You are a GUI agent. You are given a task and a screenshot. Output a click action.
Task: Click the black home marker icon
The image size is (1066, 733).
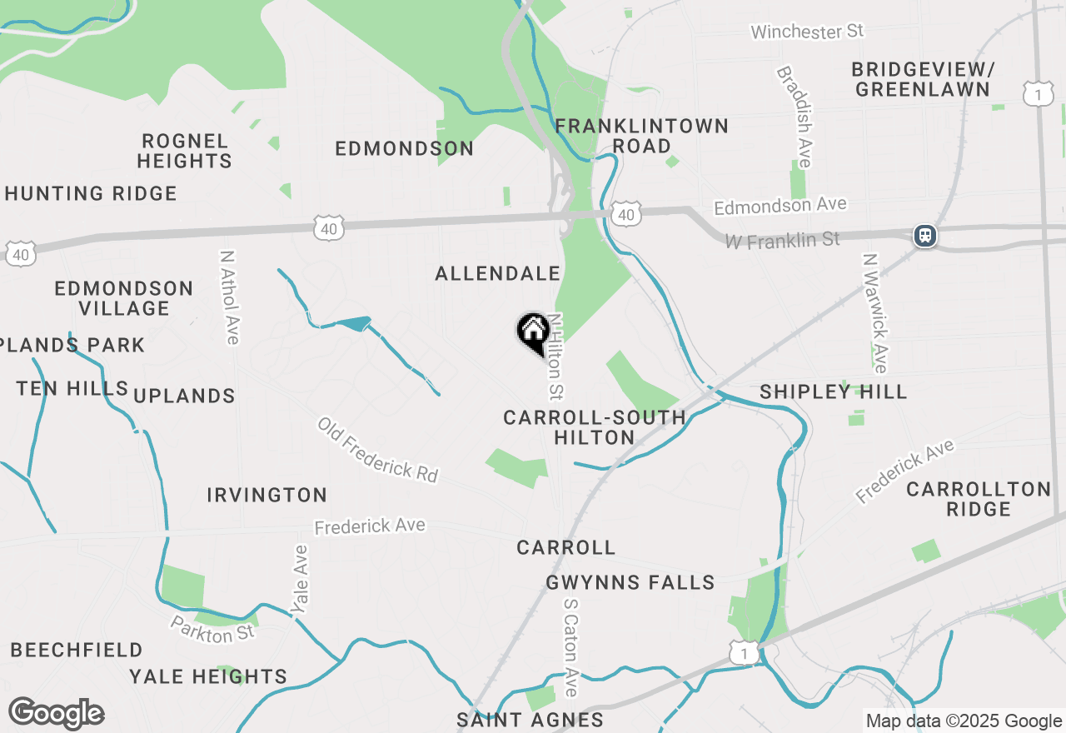point(533,332)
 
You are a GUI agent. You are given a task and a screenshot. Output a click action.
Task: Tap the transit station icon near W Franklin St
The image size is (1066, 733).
point(924,236)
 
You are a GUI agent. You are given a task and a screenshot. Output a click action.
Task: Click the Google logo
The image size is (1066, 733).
point(56,713)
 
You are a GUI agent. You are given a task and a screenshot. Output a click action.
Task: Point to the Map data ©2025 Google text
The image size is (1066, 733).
point(964,721)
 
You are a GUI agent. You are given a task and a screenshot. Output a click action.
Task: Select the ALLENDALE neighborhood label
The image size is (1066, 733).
point(498,273)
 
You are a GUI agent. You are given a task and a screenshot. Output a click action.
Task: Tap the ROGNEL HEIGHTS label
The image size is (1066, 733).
point(184,151)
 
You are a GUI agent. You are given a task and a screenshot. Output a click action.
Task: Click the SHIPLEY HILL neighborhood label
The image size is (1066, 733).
point(833,392)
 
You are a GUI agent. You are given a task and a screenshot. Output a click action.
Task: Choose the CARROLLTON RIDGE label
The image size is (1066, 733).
point(979,499)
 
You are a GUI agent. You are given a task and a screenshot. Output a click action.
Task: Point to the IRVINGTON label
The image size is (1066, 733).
point(266,496)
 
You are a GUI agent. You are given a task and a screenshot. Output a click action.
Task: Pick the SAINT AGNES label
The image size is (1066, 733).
point(530,720)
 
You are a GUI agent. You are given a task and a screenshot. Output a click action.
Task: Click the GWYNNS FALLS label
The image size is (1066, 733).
point(630,583)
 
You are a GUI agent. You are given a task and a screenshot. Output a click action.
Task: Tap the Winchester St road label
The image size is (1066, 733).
point(807,32)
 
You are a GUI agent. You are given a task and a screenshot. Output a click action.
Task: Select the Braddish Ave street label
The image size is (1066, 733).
point(795,117)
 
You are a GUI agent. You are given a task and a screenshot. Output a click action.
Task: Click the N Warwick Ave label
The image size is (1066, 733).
point(874,313)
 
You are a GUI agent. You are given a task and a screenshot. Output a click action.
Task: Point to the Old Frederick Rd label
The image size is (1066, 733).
point(377,449)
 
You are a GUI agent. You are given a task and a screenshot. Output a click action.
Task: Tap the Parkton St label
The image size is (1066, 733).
point(212,630)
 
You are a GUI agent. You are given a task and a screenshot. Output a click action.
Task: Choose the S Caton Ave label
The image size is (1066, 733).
point(570,646)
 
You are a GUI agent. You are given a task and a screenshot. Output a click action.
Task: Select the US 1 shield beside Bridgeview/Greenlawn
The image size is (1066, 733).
point(1037,92)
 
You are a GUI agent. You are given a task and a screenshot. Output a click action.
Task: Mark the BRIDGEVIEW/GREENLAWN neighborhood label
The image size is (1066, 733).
point(923,79)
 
